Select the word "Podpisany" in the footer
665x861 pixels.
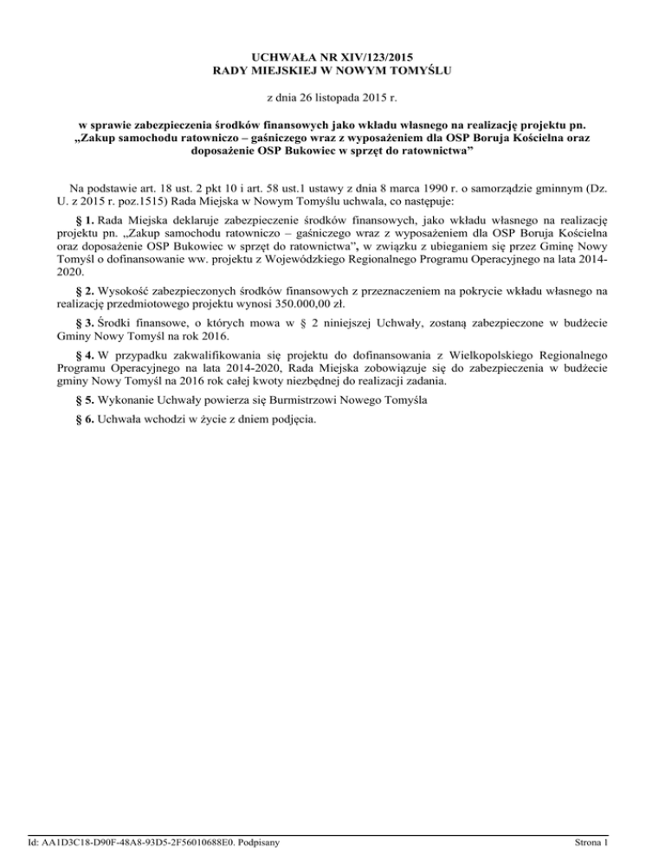click(267, 842)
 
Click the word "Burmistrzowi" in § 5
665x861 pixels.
click(276, 401)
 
